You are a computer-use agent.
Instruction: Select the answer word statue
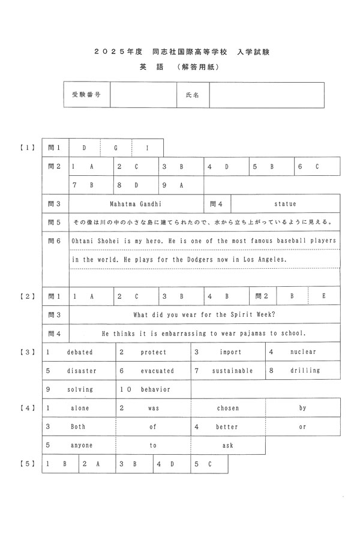click(285, 204)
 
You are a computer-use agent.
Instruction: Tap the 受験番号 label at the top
click(86, 95)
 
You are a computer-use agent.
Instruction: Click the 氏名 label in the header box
click(193, 95)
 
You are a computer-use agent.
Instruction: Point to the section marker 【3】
click(26, 352)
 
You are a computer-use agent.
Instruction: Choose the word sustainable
click(232, 371)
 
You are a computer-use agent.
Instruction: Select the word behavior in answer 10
click(156, 389)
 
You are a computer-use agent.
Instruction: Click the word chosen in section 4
click(228, 408)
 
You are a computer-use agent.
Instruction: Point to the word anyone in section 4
click(80, 445)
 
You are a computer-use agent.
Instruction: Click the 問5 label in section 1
click(55, 223)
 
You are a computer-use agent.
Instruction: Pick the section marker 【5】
click(26, 464)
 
